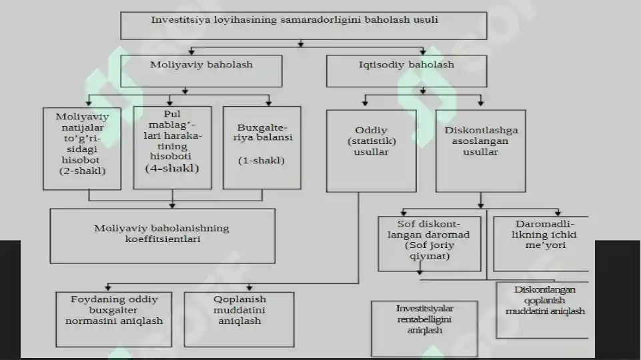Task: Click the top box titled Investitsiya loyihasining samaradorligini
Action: pos(303,26)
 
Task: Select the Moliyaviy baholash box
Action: pos(201,71)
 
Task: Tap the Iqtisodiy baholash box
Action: pos(406,71)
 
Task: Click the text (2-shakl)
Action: pos(83,171)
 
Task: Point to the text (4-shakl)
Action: pos(172,168)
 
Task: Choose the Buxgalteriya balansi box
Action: pos(262,148)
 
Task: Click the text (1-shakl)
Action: pos(261,160)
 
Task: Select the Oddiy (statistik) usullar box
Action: pos(371,151)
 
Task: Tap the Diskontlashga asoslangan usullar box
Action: pos(481,151)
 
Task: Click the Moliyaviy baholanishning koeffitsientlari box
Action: pos(162,236)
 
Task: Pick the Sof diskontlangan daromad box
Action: pos(430,244)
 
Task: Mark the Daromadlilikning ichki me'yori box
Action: pos(541,244)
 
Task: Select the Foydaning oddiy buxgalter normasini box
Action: pos(113,319)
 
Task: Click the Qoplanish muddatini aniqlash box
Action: pos(239,319)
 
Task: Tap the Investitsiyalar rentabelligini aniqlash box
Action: pos(424,329)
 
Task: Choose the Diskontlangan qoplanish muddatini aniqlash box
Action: pos(542,310)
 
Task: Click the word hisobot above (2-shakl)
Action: pos(81,160)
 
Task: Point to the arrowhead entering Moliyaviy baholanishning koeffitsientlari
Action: pos(172,205)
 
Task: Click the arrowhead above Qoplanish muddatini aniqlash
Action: pos(249,288)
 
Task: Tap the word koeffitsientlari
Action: pos(163,239)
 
